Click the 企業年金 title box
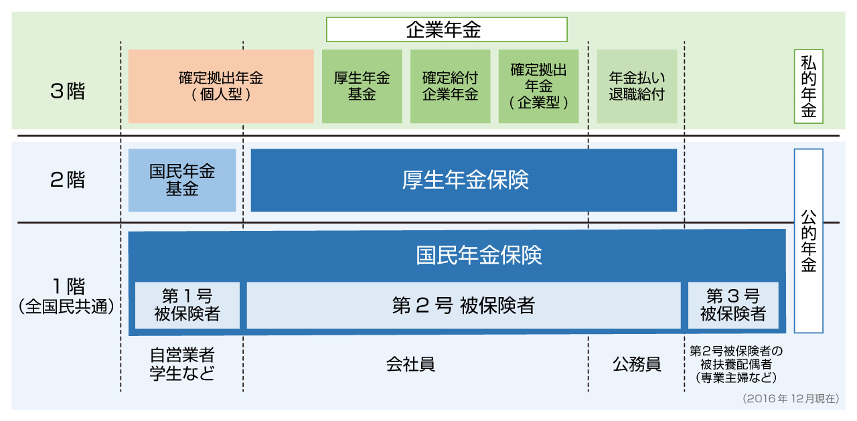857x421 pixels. coord(447,30)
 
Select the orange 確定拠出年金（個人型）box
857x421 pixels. coord(221,86)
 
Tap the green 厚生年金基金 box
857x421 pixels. coord(362,86)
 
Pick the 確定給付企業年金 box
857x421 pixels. coord(450,86)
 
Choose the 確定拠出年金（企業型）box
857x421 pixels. coord(538,86)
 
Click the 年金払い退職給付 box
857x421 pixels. coord(636,86)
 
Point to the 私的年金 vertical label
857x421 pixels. coord(808,86)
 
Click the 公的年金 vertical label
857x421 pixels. coord(808,241)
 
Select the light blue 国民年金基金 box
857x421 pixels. coord(182,180)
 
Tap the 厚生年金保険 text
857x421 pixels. coord(465,180)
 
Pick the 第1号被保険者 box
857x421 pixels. coord(187,305)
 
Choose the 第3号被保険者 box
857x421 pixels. coord(733,305)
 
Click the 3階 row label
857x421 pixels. coord(68,92)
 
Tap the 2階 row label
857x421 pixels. coord(68,180)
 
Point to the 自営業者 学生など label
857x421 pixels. coord(182,365)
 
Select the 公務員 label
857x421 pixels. coord(637,365)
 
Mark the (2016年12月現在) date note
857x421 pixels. coord(790,398)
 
